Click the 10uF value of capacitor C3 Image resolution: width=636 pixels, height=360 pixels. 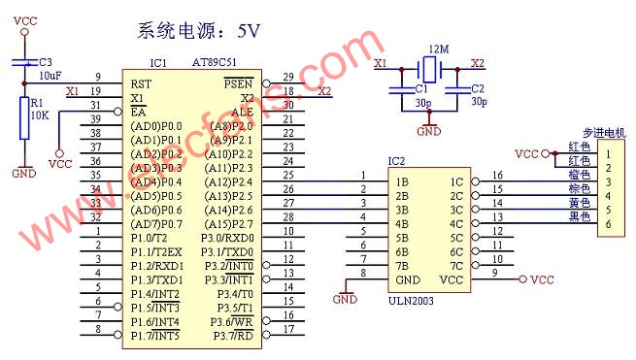point(50,75)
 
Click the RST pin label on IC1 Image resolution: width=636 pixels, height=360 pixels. point(140,83)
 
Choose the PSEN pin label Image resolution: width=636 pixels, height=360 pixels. point(239,83)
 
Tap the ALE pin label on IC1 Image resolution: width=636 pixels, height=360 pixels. point(241,112)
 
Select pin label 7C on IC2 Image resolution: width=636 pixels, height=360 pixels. point(456,265)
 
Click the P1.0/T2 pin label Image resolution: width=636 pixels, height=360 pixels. point(150,238)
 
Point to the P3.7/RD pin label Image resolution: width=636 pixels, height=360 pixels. point(234,336)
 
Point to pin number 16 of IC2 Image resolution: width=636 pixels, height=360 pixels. point(498,176)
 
